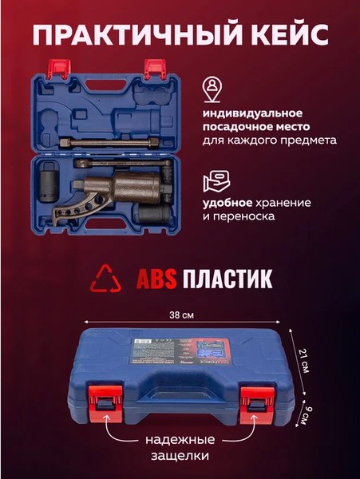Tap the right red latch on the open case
[x=153, y=69]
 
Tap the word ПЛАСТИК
[x=227, y=279]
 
